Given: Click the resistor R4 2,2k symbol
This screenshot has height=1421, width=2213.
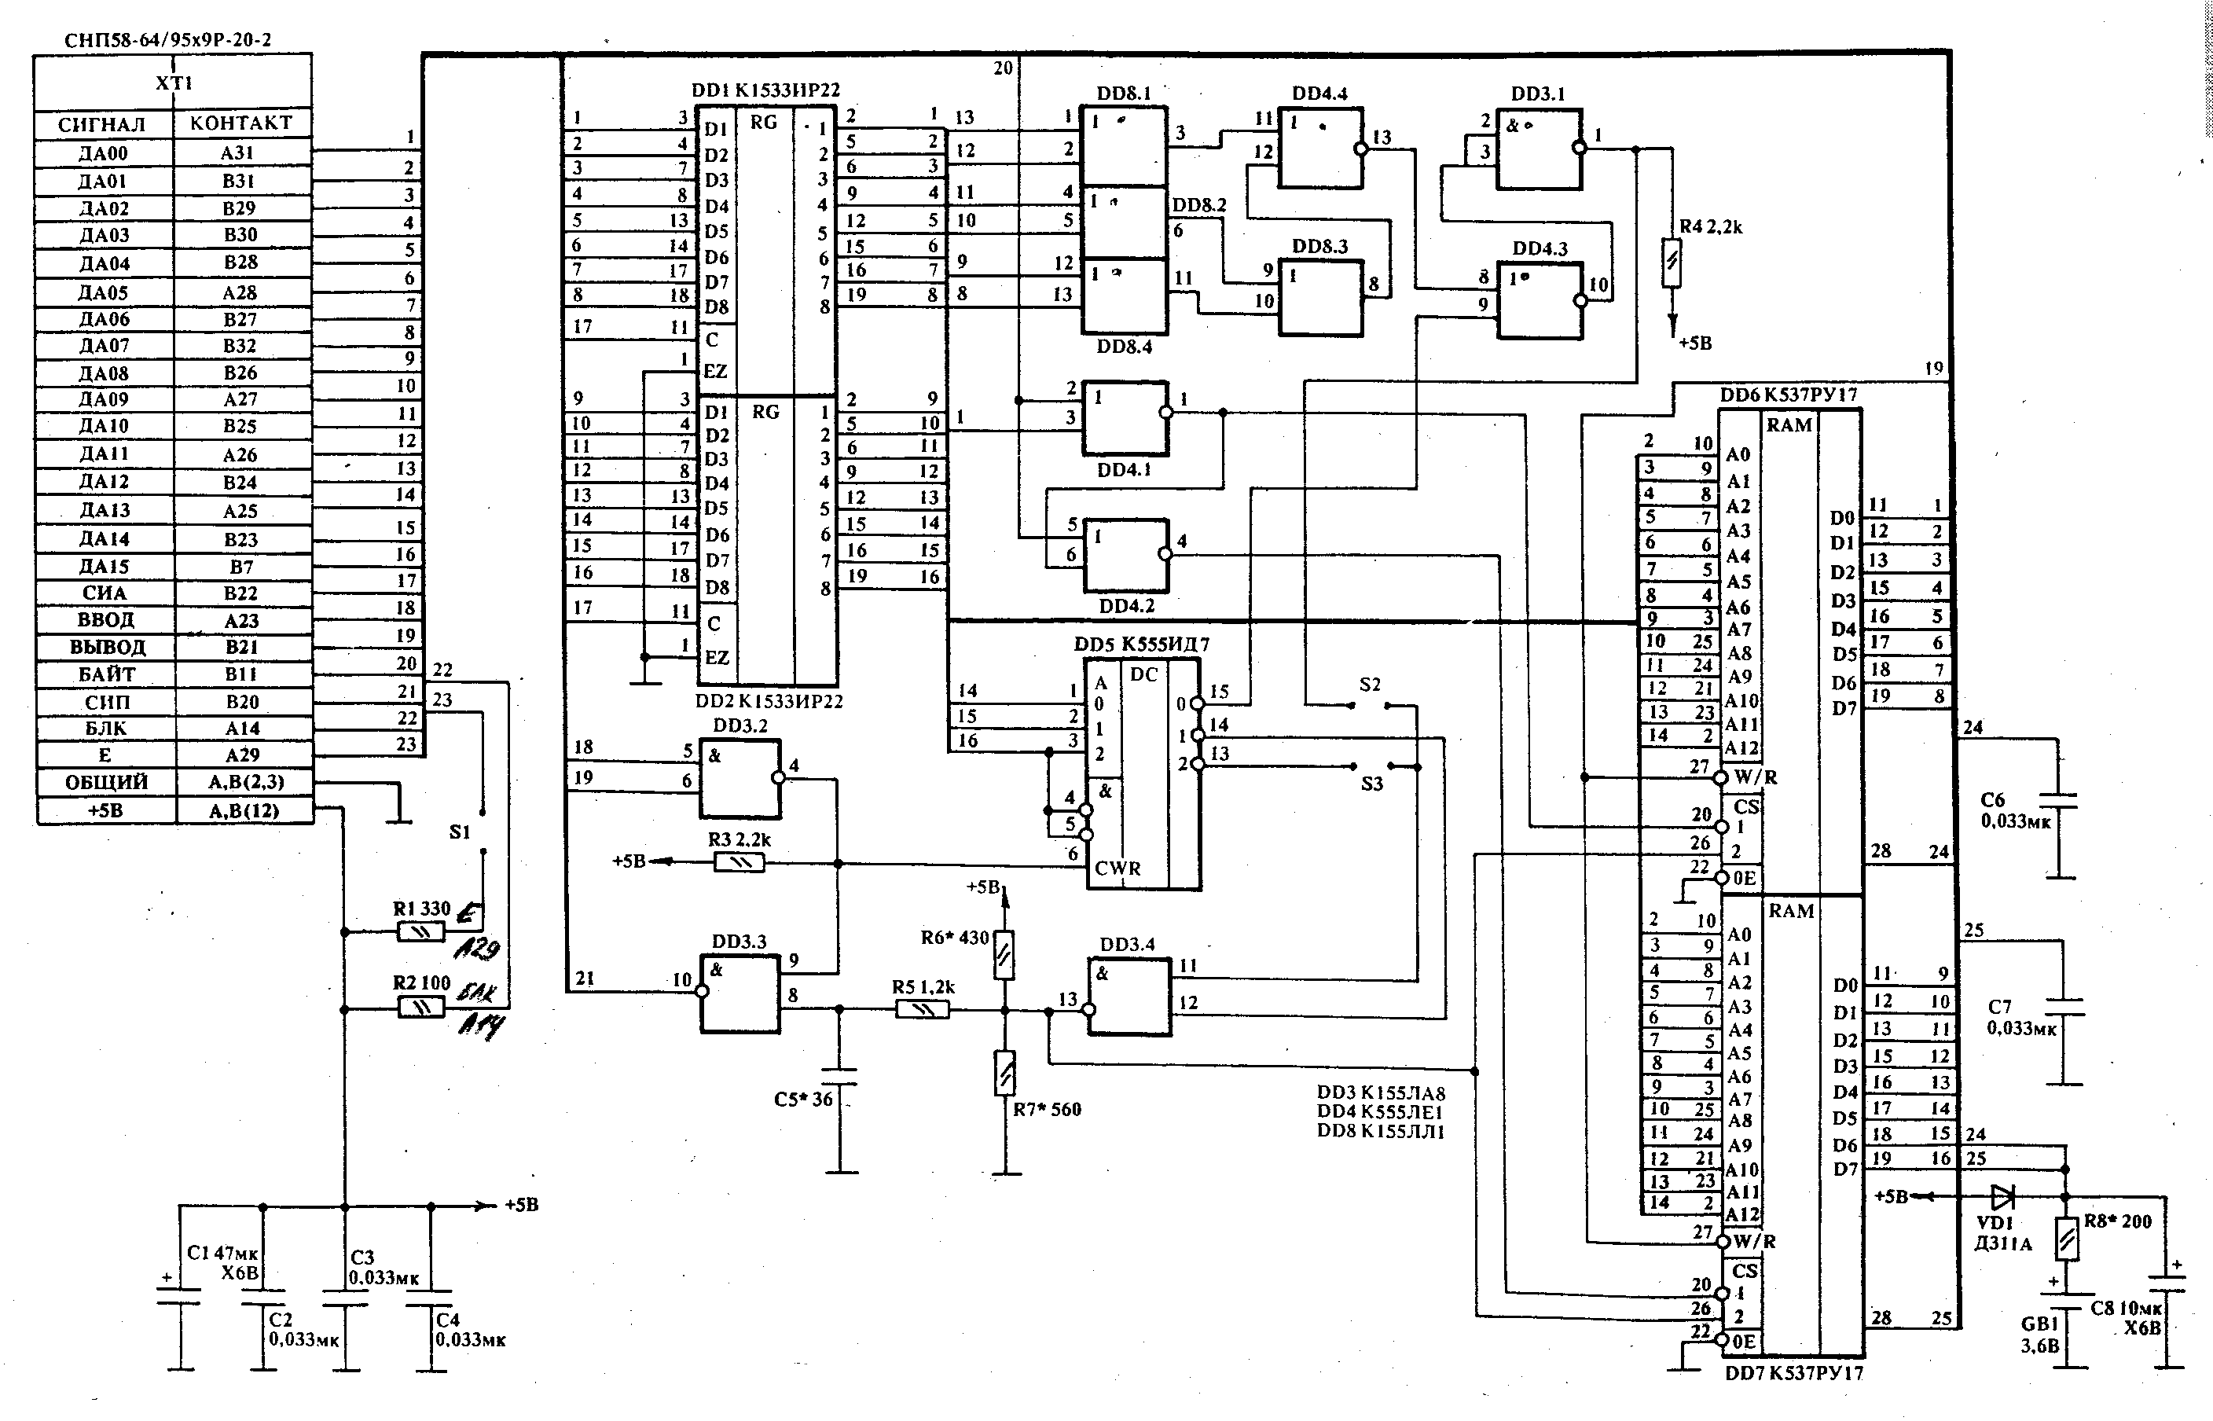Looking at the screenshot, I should pos(1672,264).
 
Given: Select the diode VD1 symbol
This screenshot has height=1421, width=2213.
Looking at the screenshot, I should pos(2002,1198).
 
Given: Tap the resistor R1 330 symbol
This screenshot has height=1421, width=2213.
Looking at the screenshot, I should pos(420,932).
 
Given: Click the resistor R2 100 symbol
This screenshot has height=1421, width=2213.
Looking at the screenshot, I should pos(420,1008).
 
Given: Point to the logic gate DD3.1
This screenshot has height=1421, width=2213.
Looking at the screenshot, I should pos(1538,149).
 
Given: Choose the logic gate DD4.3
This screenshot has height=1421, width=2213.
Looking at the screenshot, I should pos(1540,301).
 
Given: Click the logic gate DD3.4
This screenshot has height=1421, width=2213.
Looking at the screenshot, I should pos(1129,997).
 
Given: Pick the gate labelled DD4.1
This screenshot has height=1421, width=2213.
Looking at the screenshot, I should pos(1125,417).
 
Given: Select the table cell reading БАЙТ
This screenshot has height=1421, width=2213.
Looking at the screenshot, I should pos(105,674).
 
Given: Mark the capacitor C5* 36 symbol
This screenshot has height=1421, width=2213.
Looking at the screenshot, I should pos(839,1076).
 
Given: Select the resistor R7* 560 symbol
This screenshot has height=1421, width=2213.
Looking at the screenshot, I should pos(1005,1073).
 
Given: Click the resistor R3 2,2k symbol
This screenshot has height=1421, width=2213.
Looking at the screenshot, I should pos(739,863).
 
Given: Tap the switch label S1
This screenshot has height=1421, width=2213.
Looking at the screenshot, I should pos(460,832).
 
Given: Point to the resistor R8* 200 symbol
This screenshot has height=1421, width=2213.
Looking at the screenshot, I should pos(2068,1239).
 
